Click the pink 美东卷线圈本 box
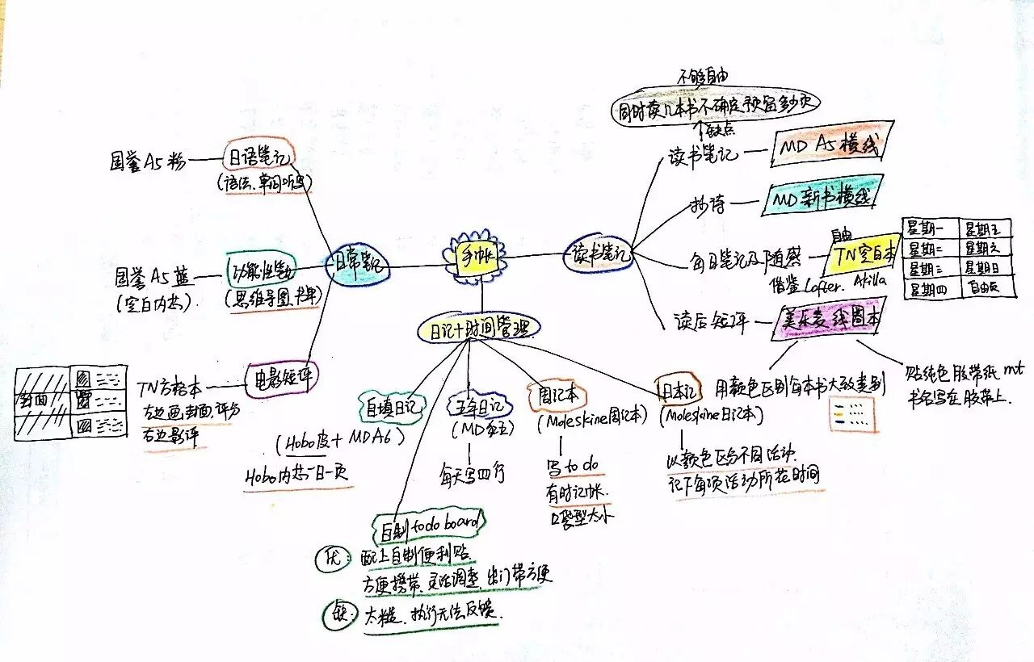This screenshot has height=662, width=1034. (826, 320)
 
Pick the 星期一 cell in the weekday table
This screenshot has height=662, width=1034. (928, 230)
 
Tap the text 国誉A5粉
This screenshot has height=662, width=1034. (147, 161)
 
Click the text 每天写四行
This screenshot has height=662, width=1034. (473, 472)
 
